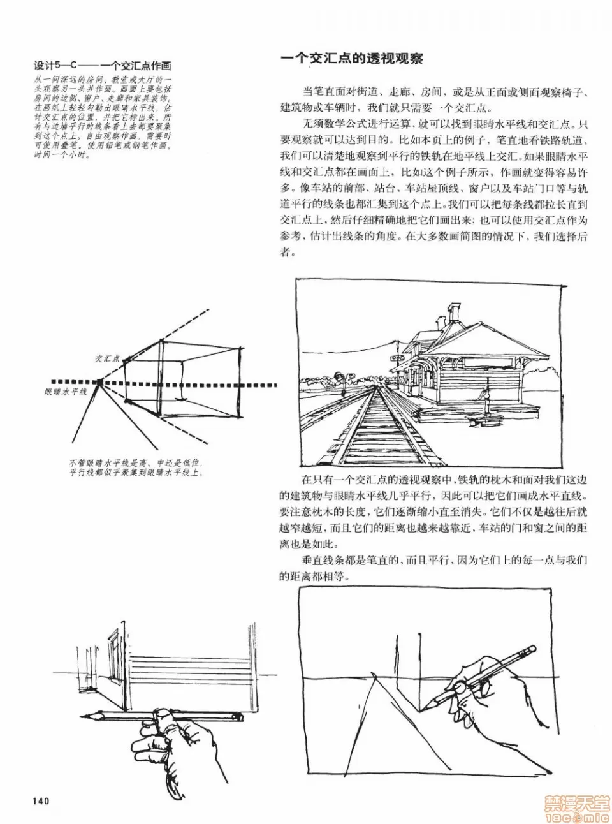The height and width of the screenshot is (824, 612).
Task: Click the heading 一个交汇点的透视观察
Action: click(x=351, y=59)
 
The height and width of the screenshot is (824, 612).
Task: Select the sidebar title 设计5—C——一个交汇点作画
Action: click(x=103, y=66)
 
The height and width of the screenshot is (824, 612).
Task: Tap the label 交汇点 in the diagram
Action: click(x=107, y=359)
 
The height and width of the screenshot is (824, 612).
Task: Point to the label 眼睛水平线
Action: click(x=66, y=392)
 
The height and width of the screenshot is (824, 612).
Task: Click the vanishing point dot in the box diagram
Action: click(x=99, y=383)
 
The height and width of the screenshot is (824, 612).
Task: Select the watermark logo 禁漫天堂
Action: click(x=576, y=805)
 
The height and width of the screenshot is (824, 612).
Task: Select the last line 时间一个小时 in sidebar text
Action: click(x=62, y=155)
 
